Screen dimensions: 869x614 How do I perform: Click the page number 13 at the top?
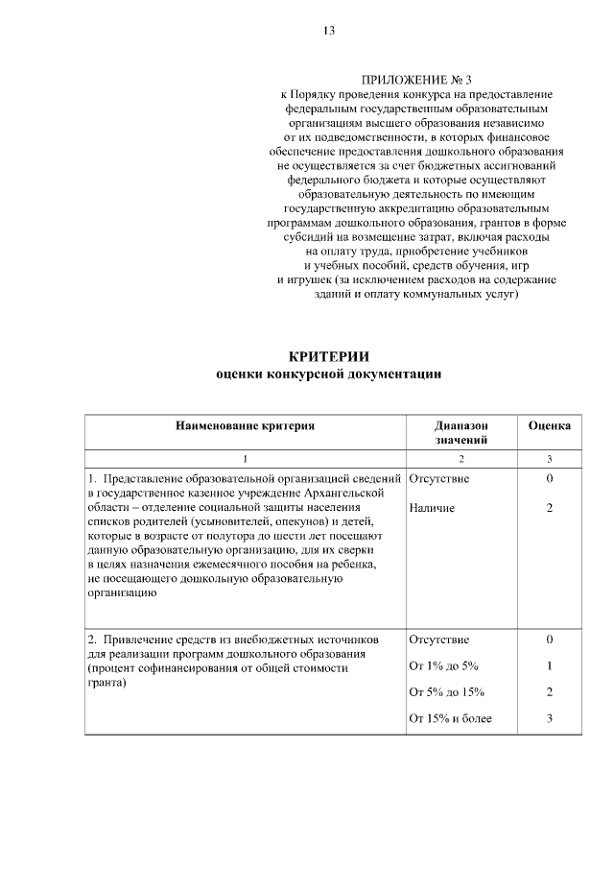[328, 31]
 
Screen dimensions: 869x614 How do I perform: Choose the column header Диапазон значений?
[460, 431]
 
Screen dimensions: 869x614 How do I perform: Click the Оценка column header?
[550, 423]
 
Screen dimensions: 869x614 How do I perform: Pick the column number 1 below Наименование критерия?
[245, 457]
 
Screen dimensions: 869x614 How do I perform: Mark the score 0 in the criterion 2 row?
[550, 638]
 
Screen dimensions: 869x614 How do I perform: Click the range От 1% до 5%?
[443, 664]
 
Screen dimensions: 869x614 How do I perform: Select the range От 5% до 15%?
[446, 691]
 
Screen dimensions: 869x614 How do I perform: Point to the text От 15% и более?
[450, 718]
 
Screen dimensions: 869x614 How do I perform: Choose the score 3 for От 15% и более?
[550, 718]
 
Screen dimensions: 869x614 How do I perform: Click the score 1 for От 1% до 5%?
[550, 664]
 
